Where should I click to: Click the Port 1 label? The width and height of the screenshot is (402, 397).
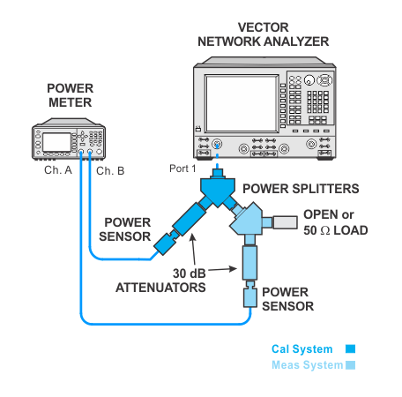[x=182, y=169]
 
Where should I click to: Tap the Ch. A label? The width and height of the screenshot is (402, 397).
[x=58, y=170]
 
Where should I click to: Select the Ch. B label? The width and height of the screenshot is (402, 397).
[x=110, y=170]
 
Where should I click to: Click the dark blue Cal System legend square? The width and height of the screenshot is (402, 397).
[x=350, y=349]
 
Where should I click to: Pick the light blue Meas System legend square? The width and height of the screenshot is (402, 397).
[x=350, y=365]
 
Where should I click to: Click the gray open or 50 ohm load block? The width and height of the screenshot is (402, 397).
[x=285, y=222]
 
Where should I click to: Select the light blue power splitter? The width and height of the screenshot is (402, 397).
[x=247, y=219]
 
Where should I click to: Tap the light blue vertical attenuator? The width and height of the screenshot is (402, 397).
[x=249, y=263]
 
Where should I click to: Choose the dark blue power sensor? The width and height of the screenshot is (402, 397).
[x=166, y=243]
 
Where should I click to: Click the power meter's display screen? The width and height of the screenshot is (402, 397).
[x=56, y=142]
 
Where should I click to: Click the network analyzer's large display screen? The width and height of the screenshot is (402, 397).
[x=242, y=103]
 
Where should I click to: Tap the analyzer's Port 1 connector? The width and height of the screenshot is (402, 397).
[x=217, y=145]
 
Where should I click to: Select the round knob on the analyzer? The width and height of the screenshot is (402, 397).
[x=309, y=80]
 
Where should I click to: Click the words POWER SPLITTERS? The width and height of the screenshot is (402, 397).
[x=301, y=189]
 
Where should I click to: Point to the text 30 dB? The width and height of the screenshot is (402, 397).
[x=190, y=273]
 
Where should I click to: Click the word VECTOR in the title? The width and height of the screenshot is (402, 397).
[x=263, y=27]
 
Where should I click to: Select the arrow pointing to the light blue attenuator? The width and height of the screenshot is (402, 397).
[x=222, y=269]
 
